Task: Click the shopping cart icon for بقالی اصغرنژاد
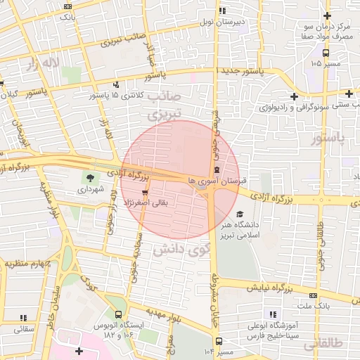145,192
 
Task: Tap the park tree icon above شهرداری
89,176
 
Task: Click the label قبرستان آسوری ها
219,181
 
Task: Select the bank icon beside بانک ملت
313,295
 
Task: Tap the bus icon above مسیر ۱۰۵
325,53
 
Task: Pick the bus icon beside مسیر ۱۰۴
219,341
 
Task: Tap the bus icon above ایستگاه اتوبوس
117,314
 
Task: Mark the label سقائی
24,328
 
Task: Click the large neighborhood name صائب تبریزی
166,103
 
